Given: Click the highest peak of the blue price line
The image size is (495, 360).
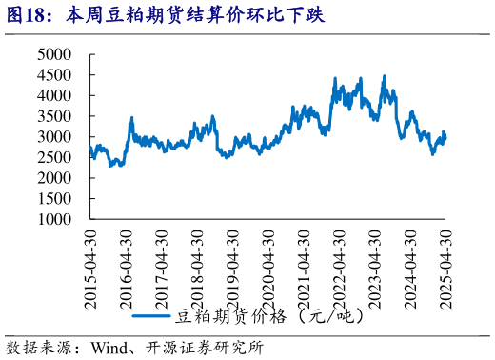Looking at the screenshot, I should (x=384, y=76).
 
